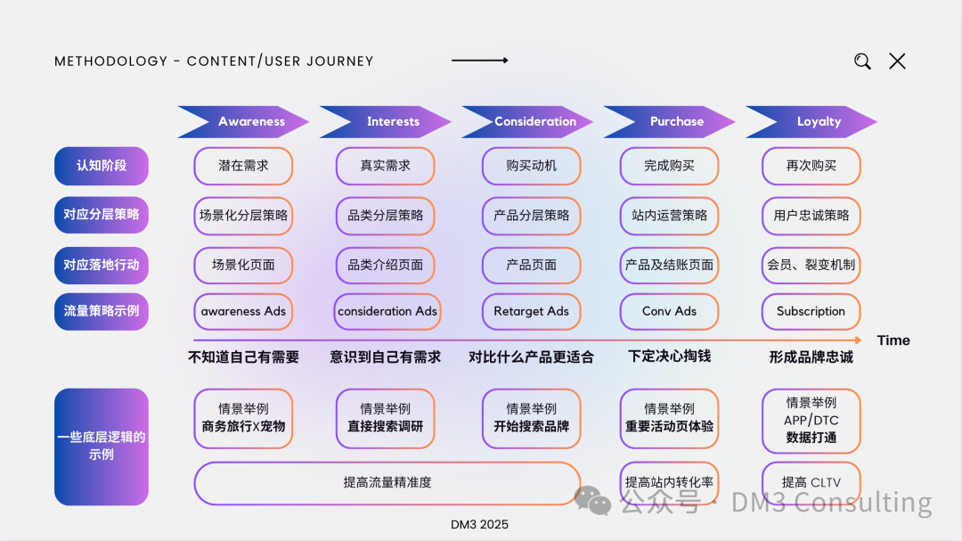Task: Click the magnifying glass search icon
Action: click(x=862, y=61)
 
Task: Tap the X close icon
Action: click(x=897, y=61)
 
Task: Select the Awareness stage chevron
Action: click(x=245, y=122)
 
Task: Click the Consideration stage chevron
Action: click(x=532, y=122)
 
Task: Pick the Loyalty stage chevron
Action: click(x=815, y=122)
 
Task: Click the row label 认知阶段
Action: click(x=101, y=166)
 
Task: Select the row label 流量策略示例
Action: click(x=101, y=312)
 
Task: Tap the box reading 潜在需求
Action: click(x=243, y=166)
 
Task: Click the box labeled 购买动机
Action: click(x=531, y=166)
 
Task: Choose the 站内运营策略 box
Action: click(x=669, y=216)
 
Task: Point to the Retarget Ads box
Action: click(x=531, y=312)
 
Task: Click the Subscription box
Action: click(x=811, y=312)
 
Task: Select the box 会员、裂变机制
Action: click(x=811, y=265)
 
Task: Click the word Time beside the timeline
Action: click(x=893, y=340)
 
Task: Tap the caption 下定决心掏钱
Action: click(x=669, y=357)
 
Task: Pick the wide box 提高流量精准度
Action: click(x=387, y=483)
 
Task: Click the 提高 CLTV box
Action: click(x=811, y=483)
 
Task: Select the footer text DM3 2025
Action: click(x=480, y=525)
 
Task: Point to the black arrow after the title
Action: click(x=479, y=61)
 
